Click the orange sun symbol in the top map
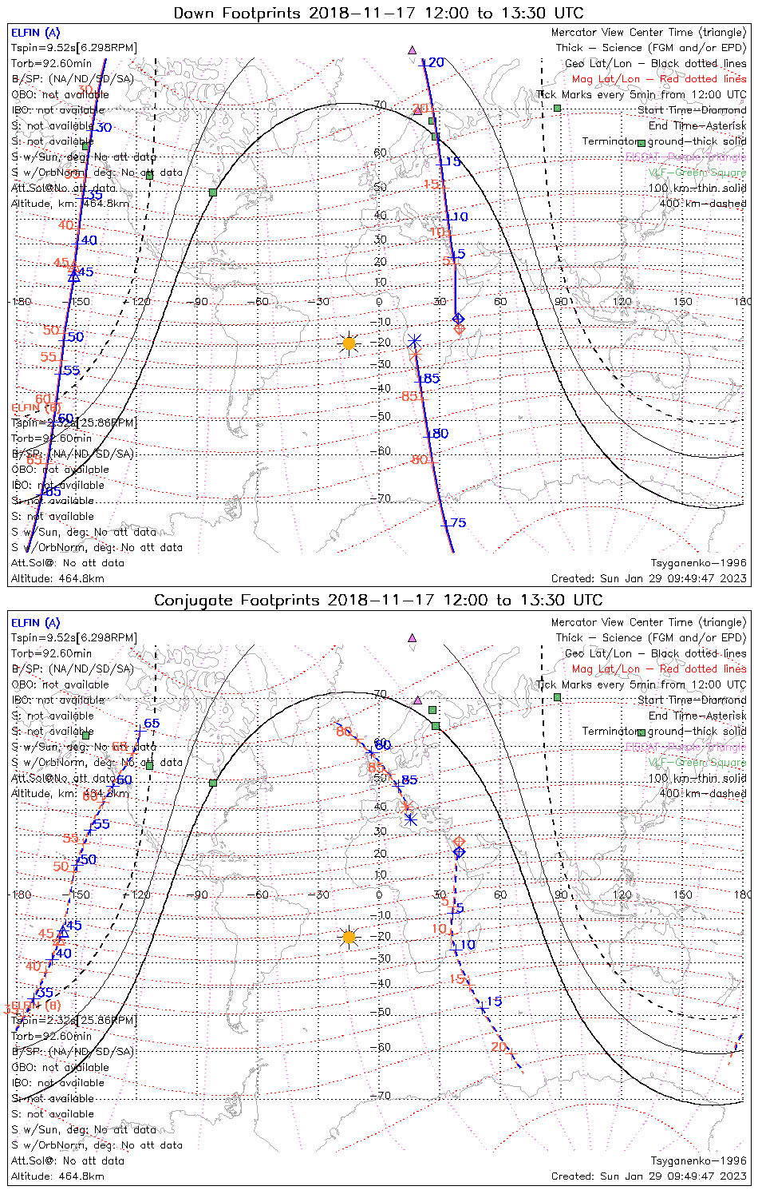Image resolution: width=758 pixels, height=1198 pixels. [349, 343]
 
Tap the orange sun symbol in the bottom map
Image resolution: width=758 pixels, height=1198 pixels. [348, 937]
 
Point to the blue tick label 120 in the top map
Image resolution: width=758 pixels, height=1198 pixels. [432, 62]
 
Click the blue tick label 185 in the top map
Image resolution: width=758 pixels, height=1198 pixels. [428, 378]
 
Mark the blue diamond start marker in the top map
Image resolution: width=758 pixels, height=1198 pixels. [458, 319]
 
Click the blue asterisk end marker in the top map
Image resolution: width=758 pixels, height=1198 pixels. [414, 342]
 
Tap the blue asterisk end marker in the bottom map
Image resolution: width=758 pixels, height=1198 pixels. [411, 819]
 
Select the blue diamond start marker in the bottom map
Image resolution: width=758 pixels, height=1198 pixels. [459, 852]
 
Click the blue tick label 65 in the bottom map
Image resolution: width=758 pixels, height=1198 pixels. [151, 724]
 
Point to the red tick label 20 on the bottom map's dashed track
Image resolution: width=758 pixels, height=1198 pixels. [499, 1047]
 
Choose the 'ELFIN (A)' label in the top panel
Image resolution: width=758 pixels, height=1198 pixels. [35, 33]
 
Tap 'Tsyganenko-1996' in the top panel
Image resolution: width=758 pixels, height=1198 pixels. [698, 563]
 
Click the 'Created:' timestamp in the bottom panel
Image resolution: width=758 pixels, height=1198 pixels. [649, 1176]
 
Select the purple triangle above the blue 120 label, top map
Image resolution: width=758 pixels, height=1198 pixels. [413, 50]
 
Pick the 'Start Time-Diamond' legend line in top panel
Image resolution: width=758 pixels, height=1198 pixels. [692, 110]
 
